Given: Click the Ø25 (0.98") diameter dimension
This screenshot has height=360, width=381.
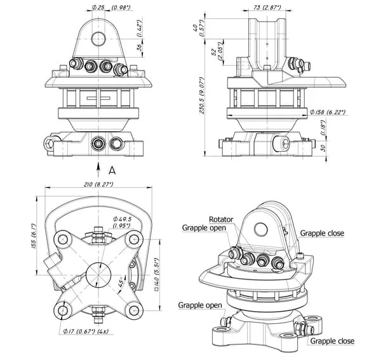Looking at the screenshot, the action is point(111,8).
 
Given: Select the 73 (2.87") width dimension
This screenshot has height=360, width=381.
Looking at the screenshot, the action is point(267,7).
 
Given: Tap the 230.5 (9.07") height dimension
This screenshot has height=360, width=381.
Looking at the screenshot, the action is point(202,95).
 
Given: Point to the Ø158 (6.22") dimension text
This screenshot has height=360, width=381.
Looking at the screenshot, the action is point(328,112).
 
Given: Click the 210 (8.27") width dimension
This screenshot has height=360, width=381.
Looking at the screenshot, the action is point(98,185).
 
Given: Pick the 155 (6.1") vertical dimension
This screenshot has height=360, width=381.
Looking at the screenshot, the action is point(33,236).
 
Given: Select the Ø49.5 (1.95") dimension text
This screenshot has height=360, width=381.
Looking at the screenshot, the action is point(122,222).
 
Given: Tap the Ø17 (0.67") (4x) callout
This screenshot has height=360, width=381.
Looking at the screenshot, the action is point(86,331).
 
